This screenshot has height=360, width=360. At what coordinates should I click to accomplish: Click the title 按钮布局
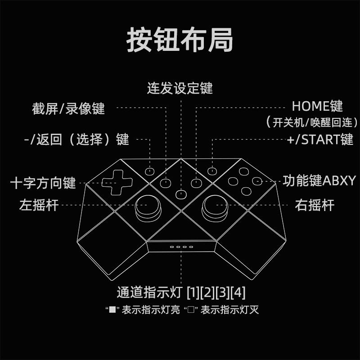click(180, 40)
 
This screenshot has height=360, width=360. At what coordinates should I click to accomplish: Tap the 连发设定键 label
click(180, 88)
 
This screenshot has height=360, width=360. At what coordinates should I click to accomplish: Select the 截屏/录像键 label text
click(68, 108)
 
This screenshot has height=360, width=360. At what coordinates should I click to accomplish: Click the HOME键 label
click(317, 107)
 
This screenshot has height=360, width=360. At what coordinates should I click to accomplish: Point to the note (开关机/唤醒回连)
click(311, 122)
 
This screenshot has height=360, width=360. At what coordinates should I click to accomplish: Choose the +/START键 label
click(320, 139)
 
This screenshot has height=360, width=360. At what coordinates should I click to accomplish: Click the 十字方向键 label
click(43, 183)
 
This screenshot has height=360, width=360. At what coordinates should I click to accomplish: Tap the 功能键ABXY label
click(319, 181)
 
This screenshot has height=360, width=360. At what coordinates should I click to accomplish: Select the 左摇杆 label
click(39, 205)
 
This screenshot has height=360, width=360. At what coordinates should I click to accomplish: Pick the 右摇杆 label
click(315, 205)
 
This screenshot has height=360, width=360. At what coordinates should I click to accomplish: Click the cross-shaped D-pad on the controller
click(117, 181)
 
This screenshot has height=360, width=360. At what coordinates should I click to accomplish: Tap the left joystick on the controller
click(148, 207)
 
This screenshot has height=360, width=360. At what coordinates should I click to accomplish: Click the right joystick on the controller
click(215, 207)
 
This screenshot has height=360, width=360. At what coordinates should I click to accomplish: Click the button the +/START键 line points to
click(211, 171)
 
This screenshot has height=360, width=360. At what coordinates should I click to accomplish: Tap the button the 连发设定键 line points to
click(181, 194)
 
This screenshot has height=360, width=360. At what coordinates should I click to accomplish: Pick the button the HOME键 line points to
click(196, 183)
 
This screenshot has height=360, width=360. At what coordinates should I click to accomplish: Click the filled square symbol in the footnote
click(110, 310)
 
